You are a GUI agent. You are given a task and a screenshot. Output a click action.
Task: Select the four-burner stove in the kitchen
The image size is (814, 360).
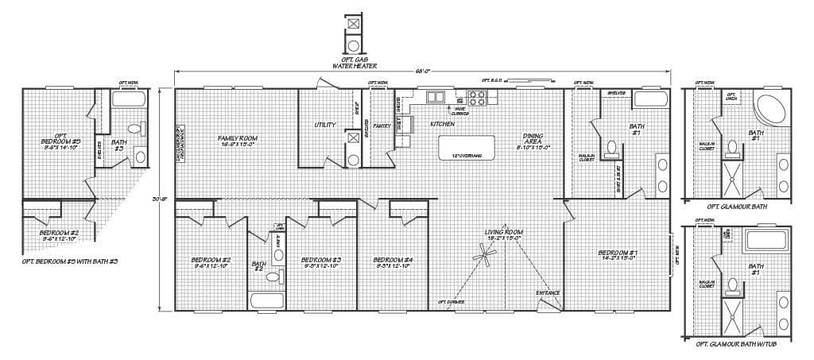coord(478,99)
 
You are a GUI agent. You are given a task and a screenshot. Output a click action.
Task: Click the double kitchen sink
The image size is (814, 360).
coord(436,98)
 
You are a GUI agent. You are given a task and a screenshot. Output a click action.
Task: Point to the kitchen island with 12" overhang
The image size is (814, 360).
coord(467,148)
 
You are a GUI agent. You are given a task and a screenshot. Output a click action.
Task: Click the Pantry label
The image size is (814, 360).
coord(382,126)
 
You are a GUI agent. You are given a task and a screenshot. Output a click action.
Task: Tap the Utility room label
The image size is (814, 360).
coord(324,125)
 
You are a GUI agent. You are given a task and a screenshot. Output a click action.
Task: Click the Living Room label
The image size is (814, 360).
coord(502,234)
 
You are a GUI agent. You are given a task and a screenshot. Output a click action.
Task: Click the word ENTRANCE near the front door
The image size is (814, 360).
coord(548,293)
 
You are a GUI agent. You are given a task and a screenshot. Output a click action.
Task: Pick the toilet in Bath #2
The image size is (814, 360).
coord(273,277)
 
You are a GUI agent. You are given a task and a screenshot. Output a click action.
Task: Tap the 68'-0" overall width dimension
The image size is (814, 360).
coord(423,71)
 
